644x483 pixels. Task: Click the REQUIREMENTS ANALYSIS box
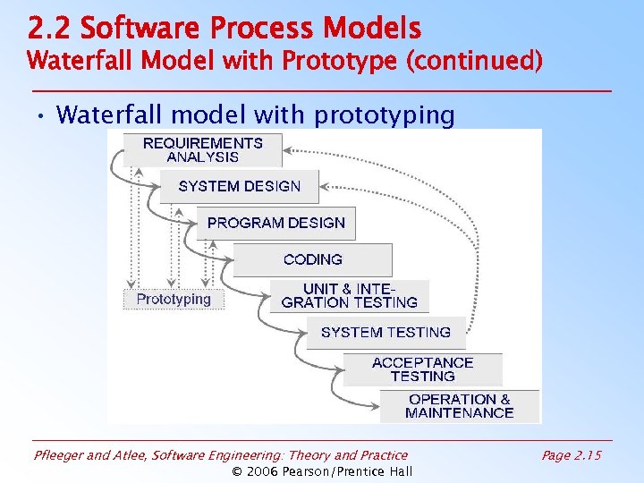(x=203, y=149)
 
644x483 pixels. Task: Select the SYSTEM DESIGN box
(x=239, y=186)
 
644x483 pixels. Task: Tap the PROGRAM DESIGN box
(x=275, y=223)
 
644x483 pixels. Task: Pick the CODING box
(x=312, y=259)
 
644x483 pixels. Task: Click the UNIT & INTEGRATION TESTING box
(x=349, y=295)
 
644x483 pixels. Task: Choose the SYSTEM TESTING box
(x=386, y=332)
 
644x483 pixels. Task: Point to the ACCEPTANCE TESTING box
(x=422, y=369)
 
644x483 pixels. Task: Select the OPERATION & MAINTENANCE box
(x=460, y=406)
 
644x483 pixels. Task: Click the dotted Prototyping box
(x=174, y=300)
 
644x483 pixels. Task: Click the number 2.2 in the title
(x=48, y=30)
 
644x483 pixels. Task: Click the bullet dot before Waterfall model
(x=41, y=115)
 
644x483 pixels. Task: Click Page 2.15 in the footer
(x=572, y=455)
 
